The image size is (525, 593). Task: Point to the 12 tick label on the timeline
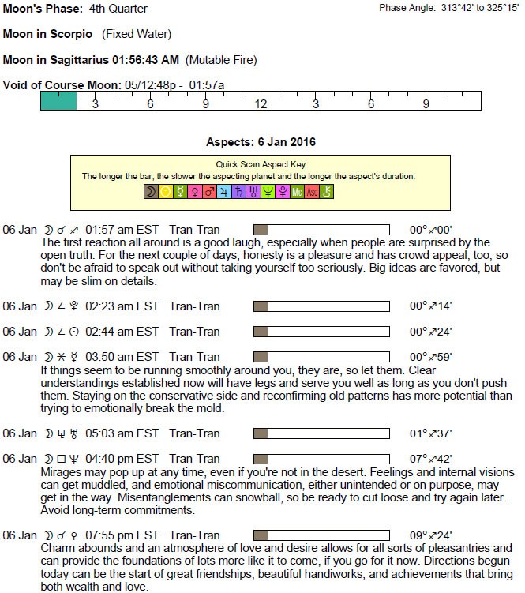pos(261,104)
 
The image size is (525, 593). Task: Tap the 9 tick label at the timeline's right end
pos(426,104)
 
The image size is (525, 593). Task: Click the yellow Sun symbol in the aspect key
pos(166,191)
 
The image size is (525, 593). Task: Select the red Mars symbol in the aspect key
pos(210,191)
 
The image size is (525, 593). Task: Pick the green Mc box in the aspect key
pos(297,191)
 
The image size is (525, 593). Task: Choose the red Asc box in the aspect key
pos(312,191)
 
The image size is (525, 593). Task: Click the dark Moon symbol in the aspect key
pos(150,191)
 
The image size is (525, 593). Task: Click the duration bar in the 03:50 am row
pos(321,357)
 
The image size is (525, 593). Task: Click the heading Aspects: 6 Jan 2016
pos(261,142)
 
